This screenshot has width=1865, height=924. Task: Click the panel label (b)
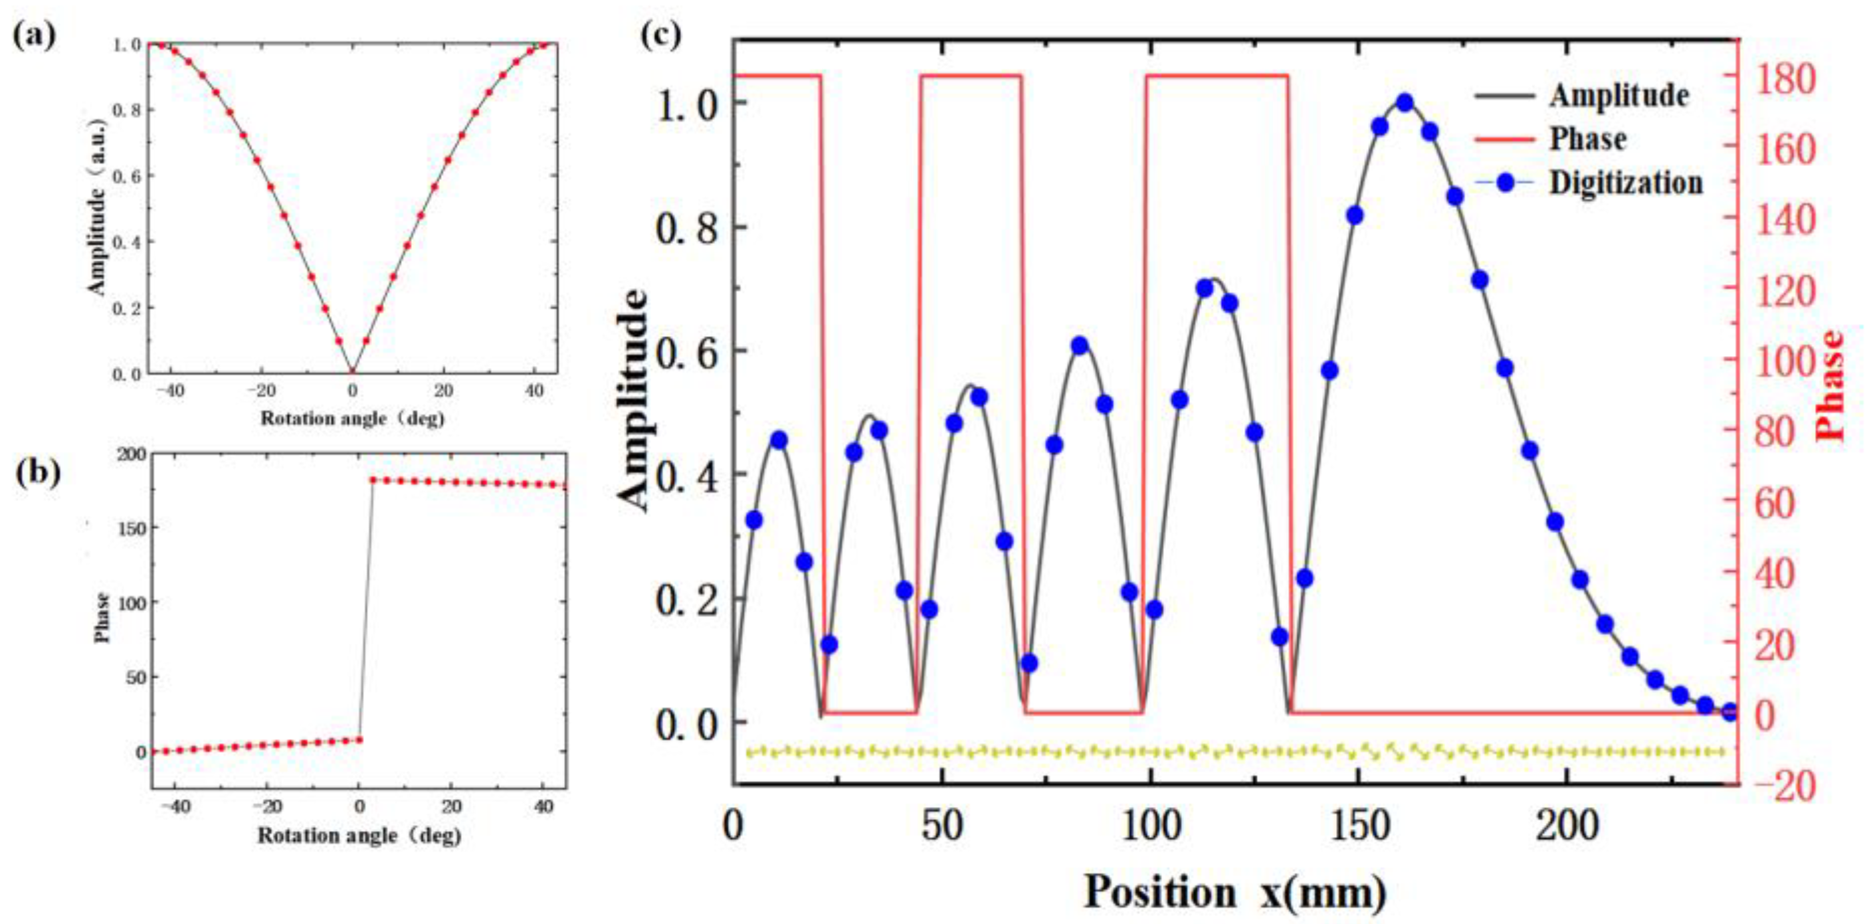click(x=38, y=472)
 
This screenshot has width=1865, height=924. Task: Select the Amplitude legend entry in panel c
click(x=1619, y=95)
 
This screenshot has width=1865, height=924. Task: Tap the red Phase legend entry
click(x=1587, y=139)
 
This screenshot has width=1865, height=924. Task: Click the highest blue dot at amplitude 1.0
click(x=1405, y=103)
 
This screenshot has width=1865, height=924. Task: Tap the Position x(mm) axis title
click(x=1235, y=891)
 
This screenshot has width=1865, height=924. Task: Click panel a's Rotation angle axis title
click(x=353, y=418)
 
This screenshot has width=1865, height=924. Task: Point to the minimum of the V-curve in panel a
click(x=353, y=371)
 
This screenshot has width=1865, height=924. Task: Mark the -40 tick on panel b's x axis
click(x=175, y=807)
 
